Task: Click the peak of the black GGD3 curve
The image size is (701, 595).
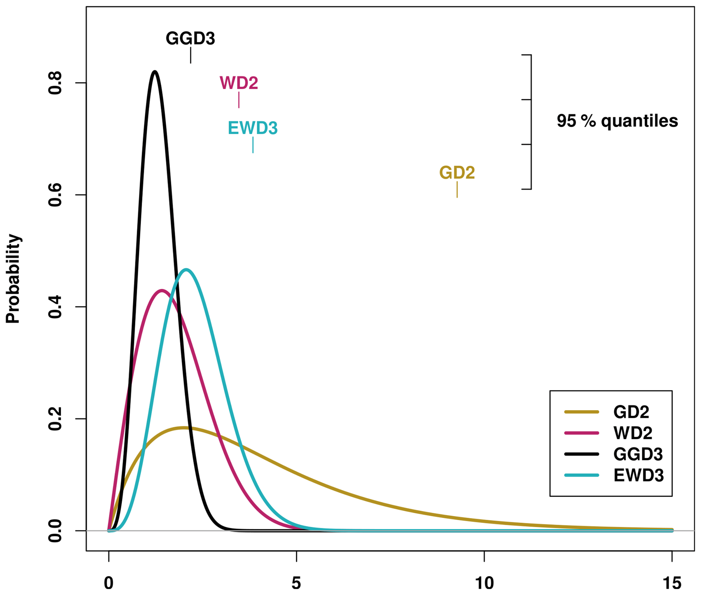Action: (x=155, y=71)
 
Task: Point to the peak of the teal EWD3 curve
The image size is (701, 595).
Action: (x=186, y=270)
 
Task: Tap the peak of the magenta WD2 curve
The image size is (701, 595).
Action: (x=162, y=290)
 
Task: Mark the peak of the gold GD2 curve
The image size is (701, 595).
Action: (x=183, y=428)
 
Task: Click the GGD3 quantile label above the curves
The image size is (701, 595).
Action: (x=190, y=39)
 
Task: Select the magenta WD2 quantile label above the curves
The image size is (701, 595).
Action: (x=239, y=83)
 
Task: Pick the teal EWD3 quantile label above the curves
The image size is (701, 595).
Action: (x=253, y=128)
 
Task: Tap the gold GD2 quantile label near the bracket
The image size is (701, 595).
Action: (x=457, y=173)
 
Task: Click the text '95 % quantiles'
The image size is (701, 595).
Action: (x=617, y=121)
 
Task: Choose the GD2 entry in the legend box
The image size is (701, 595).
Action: (x=631, y=412)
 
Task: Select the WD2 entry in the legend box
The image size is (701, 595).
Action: (x=632, y=433)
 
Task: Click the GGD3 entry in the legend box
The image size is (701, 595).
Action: (x=638, y=454)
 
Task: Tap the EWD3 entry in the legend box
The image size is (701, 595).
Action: (x=638, y=475)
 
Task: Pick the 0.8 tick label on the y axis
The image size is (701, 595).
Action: (x=55, y=83)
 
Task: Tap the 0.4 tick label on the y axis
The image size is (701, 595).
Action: (x=55, y=307)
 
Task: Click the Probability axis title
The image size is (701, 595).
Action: (x=14, y=279)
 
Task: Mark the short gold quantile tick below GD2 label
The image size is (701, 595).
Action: (x=457, y=189)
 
